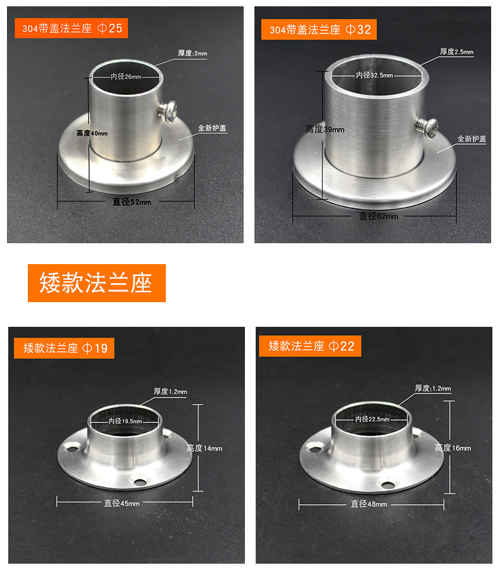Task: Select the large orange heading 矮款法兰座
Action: coord(96,283)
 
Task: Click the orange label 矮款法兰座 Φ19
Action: coord(65,348)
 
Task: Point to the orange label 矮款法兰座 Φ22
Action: coord(310,346)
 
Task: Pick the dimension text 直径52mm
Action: coord(132,202)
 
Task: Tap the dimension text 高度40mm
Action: coord(92,134)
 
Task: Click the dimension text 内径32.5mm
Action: coord(374,75)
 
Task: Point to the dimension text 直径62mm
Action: coord(378,216)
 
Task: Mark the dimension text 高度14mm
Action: coord(204,448)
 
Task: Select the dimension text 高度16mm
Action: coord(453,448)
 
